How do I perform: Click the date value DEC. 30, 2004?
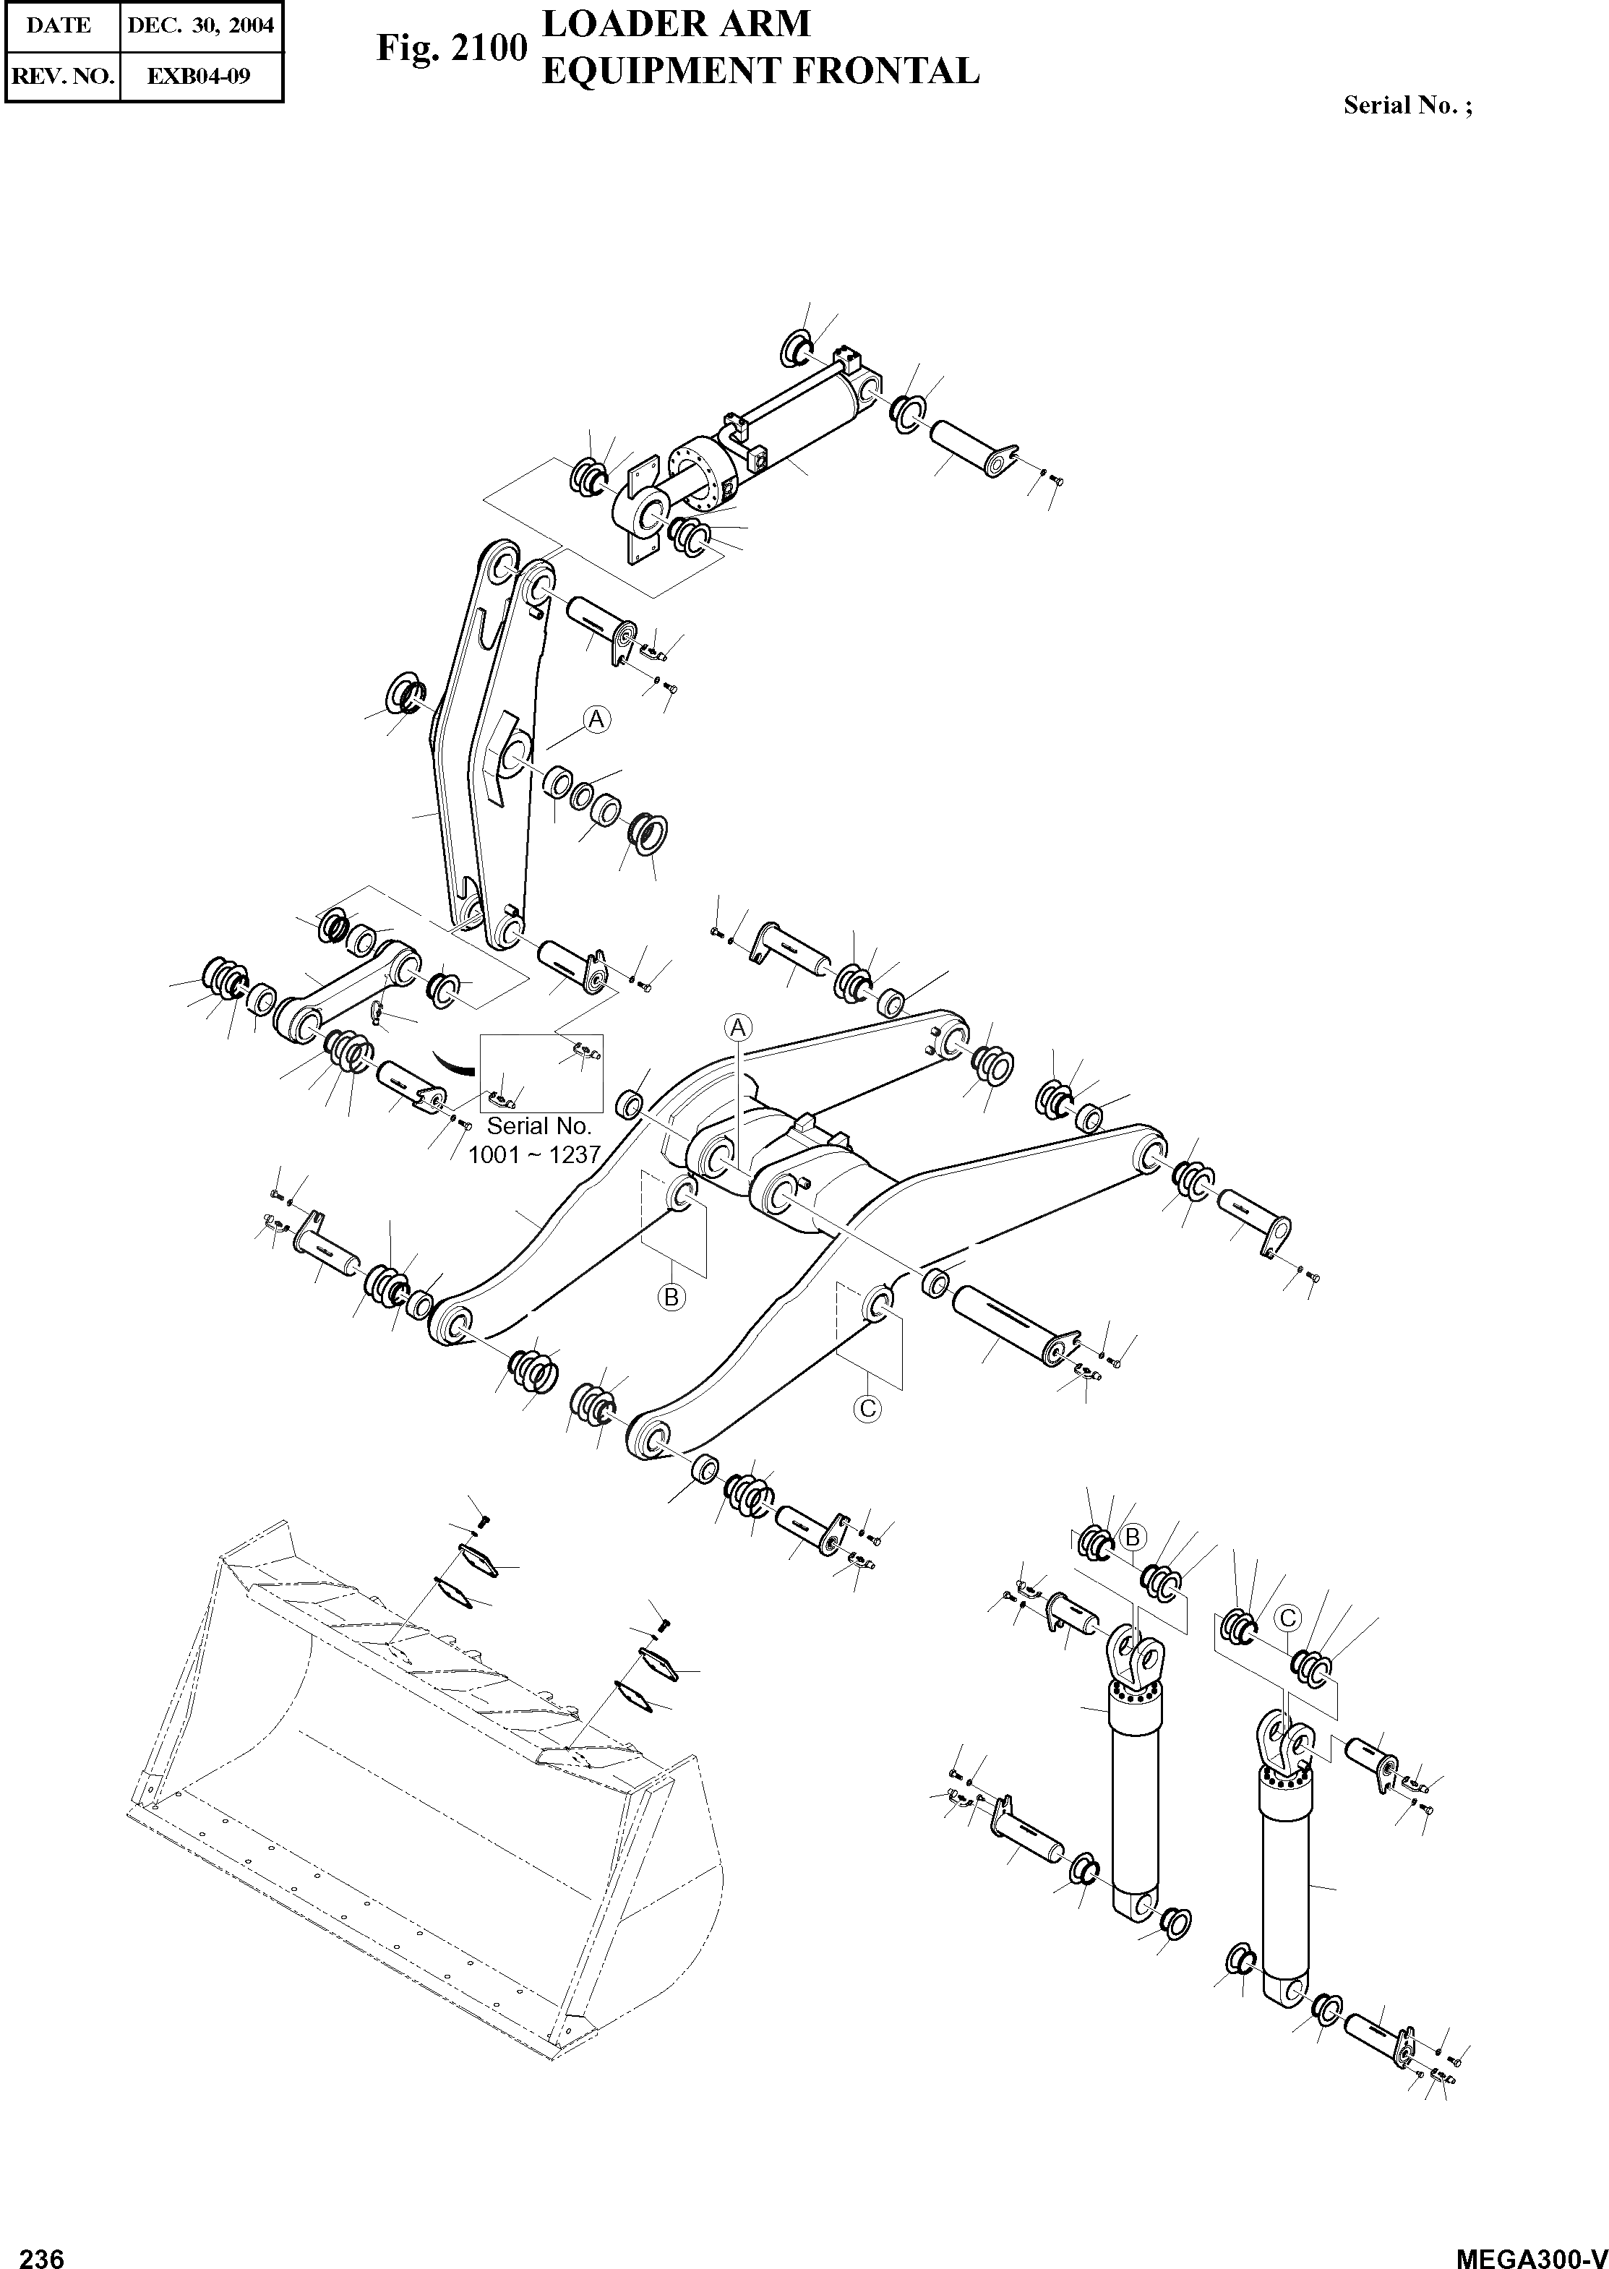[x=200, y=26]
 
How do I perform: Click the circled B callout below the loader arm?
[x=672, y=1296]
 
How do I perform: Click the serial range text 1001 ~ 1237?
[x=535, y=1154]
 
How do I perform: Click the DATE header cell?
[x=59, y=26]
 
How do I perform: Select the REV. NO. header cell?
[x=61, y=75]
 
